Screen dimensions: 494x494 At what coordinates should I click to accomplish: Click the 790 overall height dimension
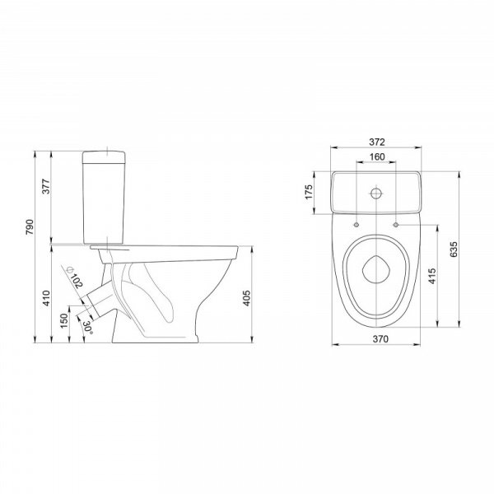click(x=30, y=227)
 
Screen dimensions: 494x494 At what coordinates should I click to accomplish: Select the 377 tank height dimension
click(x=46, y=186)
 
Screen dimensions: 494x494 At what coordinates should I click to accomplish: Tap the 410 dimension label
click(x=46, y=298)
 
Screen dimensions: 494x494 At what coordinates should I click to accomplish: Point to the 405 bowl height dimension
click(x=247, y=298)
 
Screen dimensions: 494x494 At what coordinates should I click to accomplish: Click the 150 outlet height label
click(x=64, y=321)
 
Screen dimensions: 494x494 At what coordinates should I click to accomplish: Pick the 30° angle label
click(x=87, y=328)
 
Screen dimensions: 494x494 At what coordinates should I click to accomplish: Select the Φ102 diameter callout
click(x=75, y=277)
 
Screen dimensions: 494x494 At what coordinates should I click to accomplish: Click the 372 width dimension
click(x=377, y=142)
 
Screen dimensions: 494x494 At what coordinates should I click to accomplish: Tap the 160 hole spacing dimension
click(x=377, y=156)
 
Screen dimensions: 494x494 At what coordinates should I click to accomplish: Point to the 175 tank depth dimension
click(x=309, y=192)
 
